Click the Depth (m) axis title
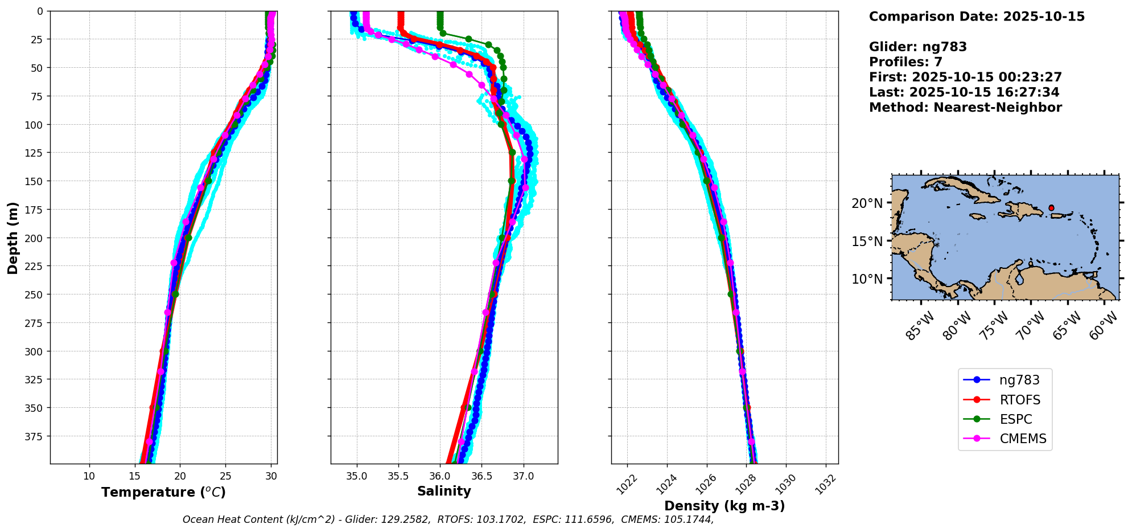point(13,238)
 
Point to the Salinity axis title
point(444,491)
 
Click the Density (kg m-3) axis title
point(724,506)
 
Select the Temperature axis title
point(163,492)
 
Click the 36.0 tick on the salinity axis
point(439,476)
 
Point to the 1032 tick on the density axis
point(826,484)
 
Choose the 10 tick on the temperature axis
point(89,476)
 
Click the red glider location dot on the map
point(1051,208)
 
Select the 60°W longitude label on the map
point(1102,327)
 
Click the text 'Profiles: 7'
point(905,62)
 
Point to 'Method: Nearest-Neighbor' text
point(965,108)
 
